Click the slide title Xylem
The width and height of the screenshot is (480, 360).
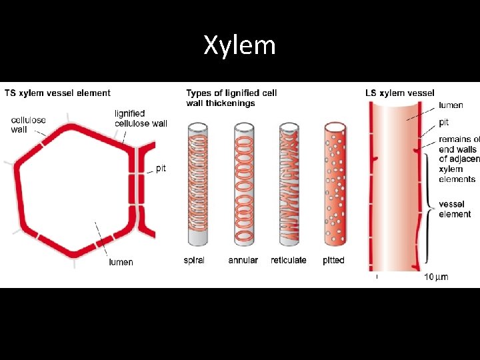tap(239, 45)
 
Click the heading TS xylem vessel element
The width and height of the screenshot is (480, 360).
tap(58, 93)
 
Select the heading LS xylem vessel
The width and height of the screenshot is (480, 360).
tap(400, 93)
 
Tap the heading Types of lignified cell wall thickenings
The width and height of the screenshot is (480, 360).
tap(231, 98)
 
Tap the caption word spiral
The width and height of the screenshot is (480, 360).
tap(194, 260)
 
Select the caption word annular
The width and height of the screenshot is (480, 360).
tap(243, 260)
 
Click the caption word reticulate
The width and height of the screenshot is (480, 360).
tap(289, 260)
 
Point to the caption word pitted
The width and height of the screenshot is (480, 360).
tap(333, 260)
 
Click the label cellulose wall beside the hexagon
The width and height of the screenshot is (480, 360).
tap(28, 125)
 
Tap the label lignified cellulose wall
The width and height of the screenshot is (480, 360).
tap(141, 118)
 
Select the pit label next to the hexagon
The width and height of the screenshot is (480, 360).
tap(161, 169)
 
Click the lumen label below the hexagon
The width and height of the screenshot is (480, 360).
tap(121, 262)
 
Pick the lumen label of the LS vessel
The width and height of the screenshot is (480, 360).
tap(451, 105)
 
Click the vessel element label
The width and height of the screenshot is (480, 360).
tap(455, 209)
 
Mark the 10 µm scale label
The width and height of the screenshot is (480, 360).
tap(436, 277)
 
